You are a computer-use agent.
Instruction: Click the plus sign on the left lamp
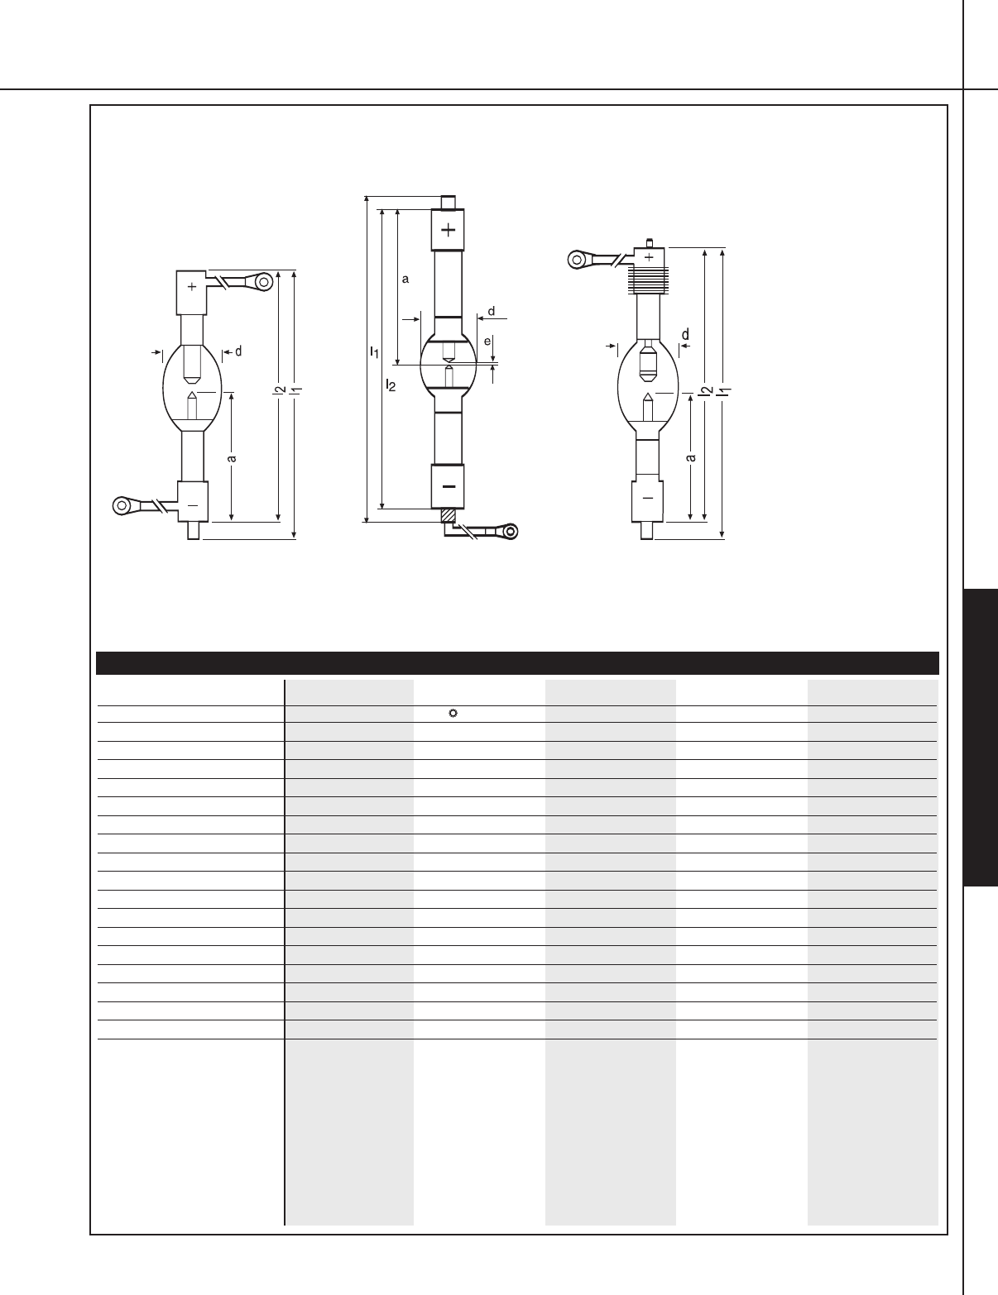(192, 287)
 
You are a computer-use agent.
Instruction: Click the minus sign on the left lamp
(193, 505)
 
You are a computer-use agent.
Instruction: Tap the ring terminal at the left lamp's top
(263, 281)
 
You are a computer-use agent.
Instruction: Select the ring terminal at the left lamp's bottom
(122, 506)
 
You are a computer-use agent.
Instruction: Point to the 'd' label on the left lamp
(238, 351)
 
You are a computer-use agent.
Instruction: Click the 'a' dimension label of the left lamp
(232, 458)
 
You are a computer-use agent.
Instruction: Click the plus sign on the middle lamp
(449, 229)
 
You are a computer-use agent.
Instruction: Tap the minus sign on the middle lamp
(449, 487)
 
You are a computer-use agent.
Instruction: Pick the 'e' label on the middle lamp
(487, 342)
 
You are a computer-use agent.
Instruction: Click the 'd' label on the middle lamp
(492, 312)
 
